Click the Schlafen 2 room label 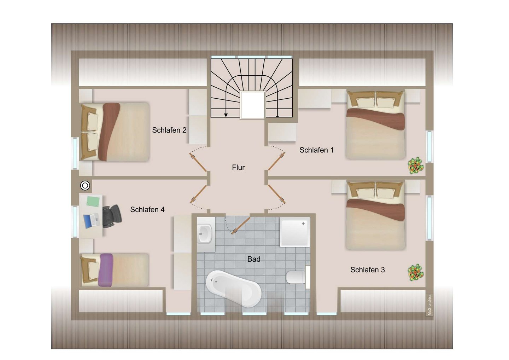(x=169, y=130)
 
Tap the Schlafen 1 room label (x=317, y=150)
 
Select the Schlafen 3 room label (x=368, y=270)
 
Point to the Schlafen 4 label (x=147, y=210)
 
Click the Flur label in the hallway (x=238, y=168)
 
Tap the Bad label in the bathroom (x=254, y=259)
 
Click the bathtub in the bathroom (x=234, y=289)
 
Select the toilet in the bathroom (x=298, y=277)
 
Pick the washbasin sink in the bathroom (x=205, y=233)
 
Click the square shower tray (x=295, y=232)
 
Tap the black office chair (x=112, y=216)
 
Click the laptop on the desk (x=92, y=221)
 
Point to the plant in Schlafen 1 (x=416, y=166)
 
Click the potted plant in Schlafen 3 (x=416, y=273)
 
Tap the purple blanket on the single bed (x=106, y=270)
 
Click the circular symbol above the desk (x=85, y=186)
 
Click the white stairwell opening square (x=253, y=105)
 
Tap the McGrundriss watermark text (x=429, y=305)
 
